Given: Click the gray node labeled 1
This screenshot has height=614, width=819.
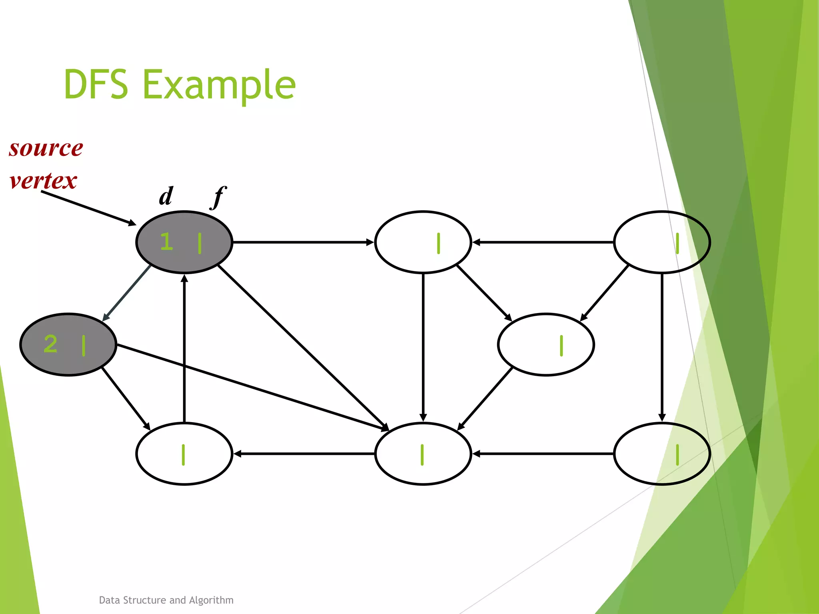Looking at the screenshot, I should pyautogui.click(x=184, y=242).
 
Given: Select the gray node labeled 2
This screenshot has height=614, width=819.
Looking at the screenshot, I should pyautogui.click(x=68, y=345).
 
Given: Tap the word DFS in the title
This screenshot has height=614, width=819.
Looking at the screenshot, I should pyautogui.click(x=96, y=84).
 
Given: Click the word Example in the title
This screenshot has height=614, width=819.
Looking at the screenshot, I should pyautogui.click(x=219, y=85).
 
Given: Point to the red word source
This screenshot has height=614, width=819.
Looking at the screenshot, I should pyautogui.click(x=46, y=148).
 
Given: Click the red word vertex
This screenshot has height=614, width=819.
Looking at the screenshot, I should pyautogui.click(x=43, y=181).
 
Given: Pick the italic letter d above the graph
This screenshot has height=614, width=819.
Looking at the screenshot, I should pyautogui.click(x=166, y=196).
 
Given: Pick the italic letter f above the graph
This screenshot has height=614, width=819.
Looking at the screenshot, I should pyautogui.click(x=218, y=197).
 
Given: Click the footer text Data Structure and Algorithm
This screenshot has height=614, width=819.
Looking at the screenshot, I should pyautogui.click(x=166, y=600).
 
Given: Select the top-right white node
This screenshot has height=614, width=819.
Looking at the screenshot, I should pyautogui.click(x=662, y=242).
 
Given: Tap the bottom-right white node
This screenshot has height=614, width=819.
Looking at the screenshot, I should pyautogui.click(x=662, y=454).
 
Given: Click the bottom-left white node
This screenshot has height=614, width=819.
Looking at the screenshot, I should pyautogui.click(x=184, y=454).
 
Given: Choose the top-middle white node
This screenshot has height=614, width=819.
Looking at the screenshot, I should pyautogui.click(x=423, y=242).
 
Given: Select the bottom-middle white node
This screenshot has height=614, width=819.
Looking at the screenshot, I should pyautogui.click(x=423, y=454).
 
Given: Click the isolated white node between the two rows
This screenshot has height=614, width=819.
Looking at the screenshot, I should pyautogui.click(x=546, y=345).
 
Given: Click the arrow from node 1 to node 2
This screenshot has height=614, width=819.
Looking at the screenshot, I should pyautogui.click(x=127, y=293).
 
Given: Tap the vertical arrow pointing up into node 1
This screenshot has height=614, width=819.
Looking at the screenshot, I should pyautogui.click(x=184, y=348).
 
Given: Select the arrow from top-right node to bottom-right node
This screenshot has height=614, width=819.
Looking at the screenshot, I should pyautogui.click(x=662, y=348).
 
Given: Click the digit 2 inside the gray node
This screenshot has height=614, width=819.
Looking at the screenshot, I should pyautogui.click(x=51, y=344).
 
